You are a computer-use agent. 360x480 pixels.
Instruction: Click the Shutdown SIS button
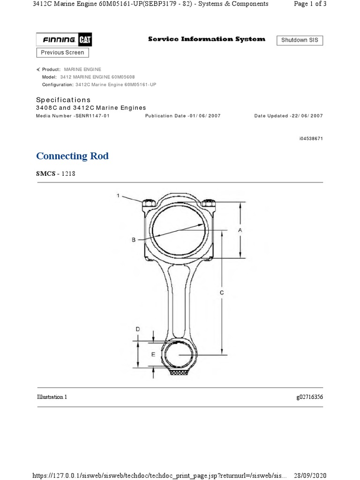click(300, 40)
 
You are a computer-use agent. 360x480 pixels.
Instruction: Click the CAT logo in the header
click(85, 40)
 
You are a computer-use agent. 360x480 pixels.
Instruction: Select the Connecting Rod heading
click(72, 156)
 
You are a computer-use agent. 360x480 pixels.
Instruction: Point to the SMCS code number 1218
click(68, 173)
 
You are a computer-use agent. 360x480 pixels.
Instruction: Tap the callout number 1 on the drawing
click(118, 196)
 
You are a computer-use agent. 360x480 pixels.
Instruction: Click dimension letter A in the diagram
click(240, 230)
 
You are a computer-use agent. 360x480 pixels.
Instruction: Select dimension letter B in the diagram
click(134, 240)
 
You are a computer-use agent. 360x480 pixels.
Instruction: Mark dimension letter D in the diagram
click(138, 330)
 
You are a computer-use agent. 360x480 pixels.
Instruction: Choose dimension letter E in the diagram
click(153, 355)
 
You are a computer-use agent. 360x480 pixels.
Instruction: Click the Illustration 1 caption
click(52, 397)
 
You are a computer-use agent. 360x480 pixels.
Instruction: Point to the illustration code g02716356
click(309, 397)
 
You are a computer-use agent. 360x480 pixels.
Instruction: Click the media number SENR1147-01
click(92, 116)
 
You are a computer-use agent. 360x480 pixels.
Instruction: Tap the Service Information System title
click(206, 39)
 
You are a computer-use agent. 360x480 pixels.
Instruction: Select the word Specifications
click(63, 100)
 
